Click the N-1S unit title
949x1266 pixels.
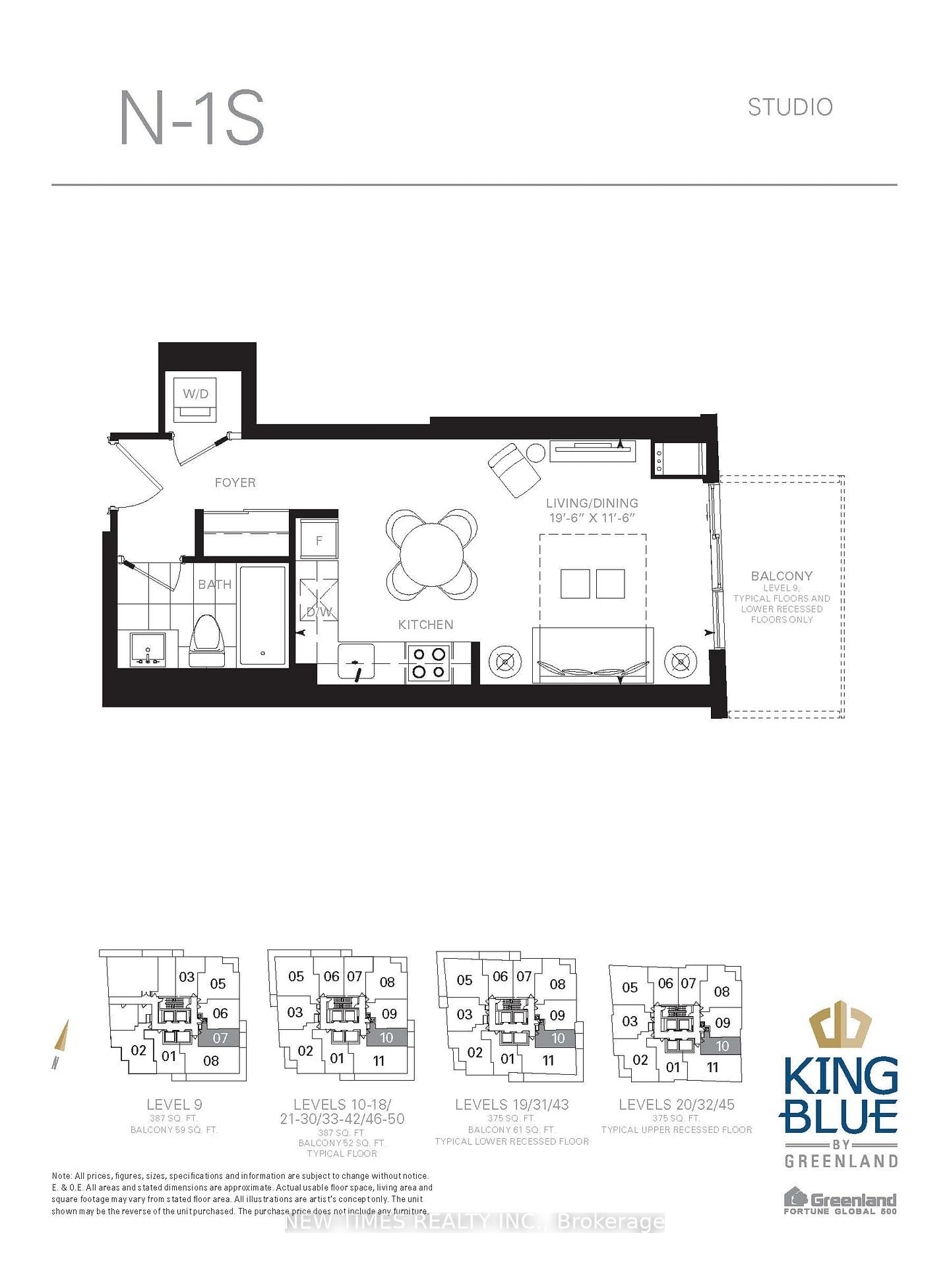[192, 119]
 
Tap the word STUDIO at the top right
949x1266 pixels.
[789, 107]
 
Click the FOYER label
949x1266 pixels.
[235, 483]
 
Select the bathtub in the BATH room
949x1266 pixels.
[263, 615]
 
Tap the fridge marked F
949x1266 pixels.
[319, 540]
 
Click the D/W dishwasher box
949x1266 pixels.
[319, 599]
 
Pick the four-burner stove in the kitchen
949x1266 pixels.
[429, 663]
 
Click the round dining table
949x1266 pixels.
[432, 554]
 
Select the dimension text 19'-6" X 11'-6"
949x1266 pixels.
[592, 518]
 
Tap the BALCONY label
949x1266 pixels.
[781, 576]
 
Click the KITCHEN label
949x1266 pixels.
[425, 624]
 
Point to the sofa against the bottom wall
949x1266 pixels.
[593, 656]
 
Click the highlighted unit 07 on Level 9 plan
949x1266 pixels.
[220, 1038]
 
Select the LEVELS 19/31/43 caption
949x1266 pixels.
[512, 1104]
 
